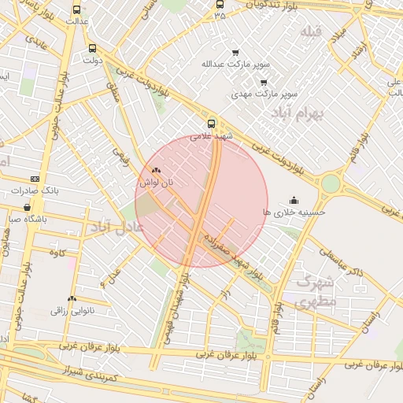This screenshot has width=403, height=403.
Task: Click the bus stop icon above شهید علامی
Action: pyautogui.click(x=211, y=124)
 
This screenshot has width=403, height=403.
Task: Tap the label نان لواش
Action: pyautogui.click(x=156, y=182)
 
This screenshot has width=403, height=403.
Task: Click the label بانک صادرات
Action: pyautogui.click(x=36, y=191)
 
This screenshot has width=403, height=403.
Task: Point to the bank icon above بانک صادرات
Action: pyautogui.click(x=34, y=179)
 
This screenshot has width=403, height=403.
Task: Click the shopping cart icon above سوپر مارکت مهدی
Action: pyautogui.click(x=263, y=82)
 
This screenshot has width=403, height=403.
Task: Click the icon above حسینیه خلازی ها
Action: pyautogui.click(x=294, y=200)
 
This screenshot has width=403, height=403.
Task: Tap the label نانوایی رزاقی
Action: pyautogui.click(x=72, y=311)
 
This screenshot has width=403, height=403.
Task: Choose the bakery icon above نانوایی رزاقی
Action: pyautogui.click(x=72, y=299)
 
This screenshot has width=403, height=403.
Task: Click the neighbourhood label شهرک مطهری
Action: pyautogui.click(x=316, y=290)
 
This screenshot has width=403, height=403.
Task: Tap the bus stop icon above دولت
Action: pyautogui.click(x=93, y=47)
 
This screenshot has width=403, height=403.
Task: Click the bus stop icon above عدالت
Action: pyautogui.click(x=76, y=10)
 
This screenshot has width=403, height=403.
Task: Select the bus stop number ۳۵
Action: pyautogui.click(x=219, y=15)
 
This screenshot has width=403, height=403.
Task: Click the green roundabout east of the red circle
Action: pyautogui.click(x=331, y=184)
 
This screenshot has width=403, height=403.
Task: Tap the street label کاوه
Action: pyautogui.click(x=55, y=253)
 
